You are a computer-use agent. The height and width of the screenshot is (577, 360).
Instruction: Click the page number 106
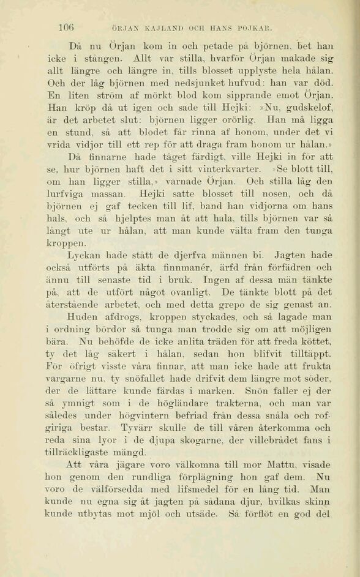coord(66,27)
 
